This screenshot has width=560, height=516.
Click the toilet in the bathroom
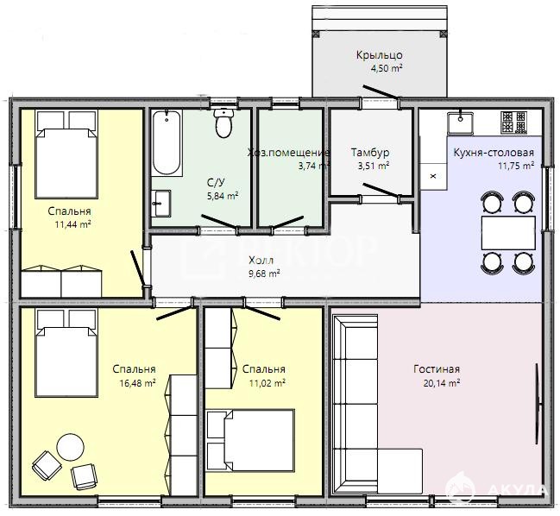point(224,123)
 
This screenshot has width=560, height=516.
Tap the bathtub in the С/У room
point(166,143)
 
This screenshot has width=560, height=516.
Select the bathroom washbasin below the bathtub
point(160,203)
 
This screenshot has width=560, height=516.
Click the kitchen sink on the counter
point(461,122)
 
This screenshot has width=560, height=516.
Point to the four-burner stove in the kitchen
point(514,123)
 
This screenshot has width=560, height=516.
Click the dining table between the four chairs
point(508,233)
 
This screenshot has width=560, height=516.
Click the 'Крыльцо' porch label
point(380,55)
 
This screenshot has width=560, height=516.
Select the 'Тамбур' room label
point(370,153)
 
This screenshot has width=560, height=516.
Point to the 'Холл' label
point(261,260)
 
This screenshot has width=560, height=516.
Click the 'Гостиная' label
point(437,368)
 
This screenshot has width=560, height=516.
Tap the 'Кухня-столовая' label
point(494,153)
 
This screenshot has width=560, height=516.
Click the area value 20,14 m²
point(442,383)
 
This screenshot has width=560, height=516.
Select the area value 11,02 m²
point(267,383)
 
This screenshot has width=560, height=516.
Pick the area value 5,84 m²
point(223,196)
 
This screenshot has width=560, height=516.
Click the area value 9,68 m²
point(263,274)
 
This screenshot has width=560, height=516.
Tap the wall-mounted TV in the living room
point(538,404)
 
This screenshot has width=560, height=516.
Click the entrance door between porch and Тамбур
point(381,91)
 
